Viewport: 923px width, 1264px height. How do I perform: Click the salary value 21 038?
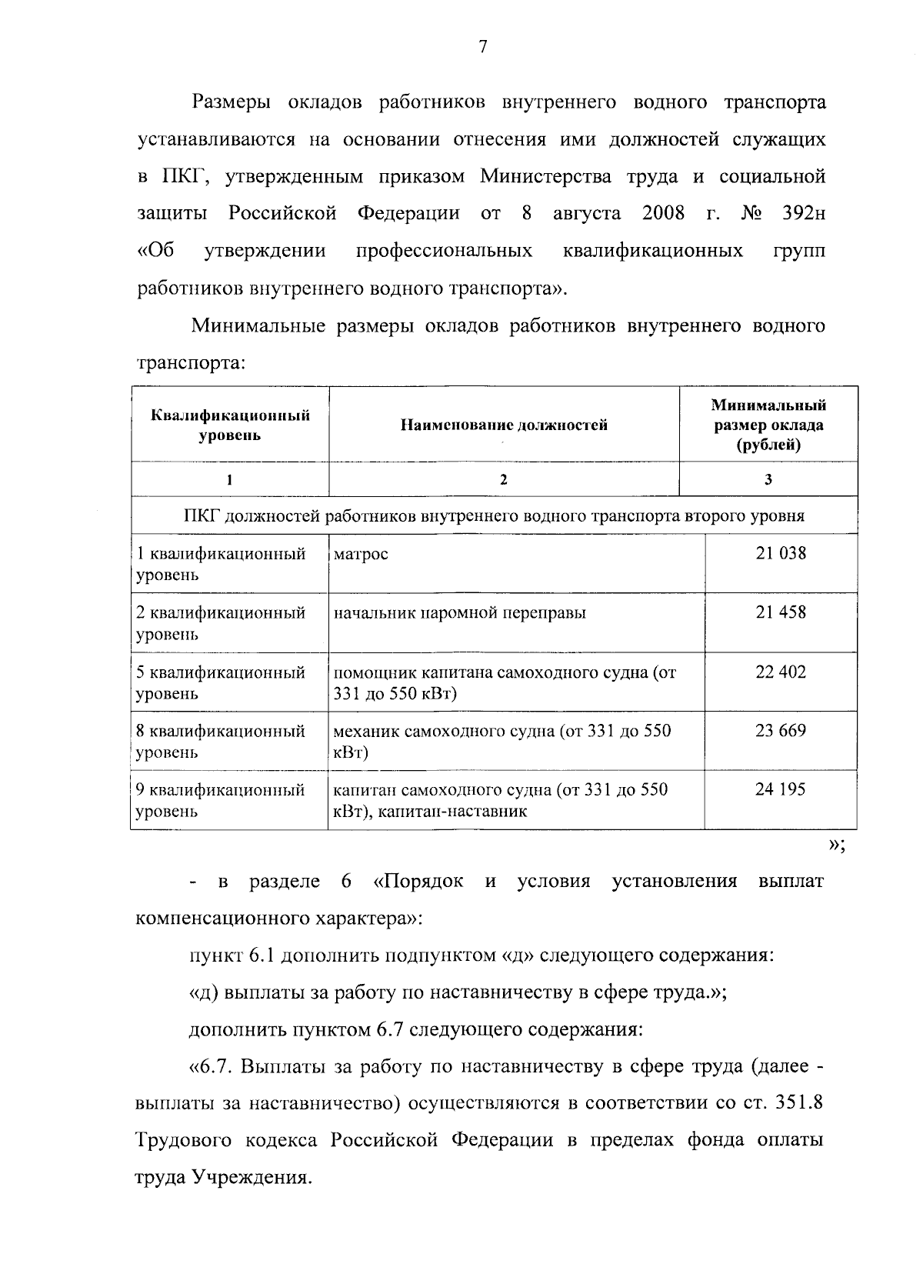781,553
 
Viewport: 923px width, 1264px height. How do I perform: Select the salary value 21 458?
781,612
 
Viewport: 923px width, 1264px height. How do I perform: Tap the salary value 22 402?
781,672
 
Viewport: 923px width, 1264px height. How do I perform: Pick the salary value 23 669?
781,730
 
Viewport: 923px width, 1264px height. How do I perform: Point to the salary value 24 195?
781,789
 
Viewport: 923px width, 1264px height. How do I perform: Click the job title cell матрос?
361,555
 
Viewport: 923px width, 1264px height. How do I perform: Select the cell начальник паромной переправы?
459,613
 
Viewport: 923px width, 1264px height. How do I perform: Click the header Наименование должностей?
504,425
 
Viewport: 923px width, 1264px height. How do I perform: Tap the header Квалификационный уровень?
230,425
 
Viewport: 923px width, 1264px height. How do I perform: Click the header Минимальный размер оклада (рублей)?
768,425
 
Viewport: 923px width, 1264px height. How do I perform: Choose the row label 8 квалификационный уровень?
221,741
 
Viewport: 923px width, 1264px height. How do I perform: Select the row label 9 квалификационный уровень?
221,800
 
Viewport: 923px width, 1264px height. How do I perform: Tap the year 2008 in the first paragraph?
663,213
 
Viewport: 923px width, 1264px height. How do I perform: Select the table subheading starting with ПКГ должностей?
494,515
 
